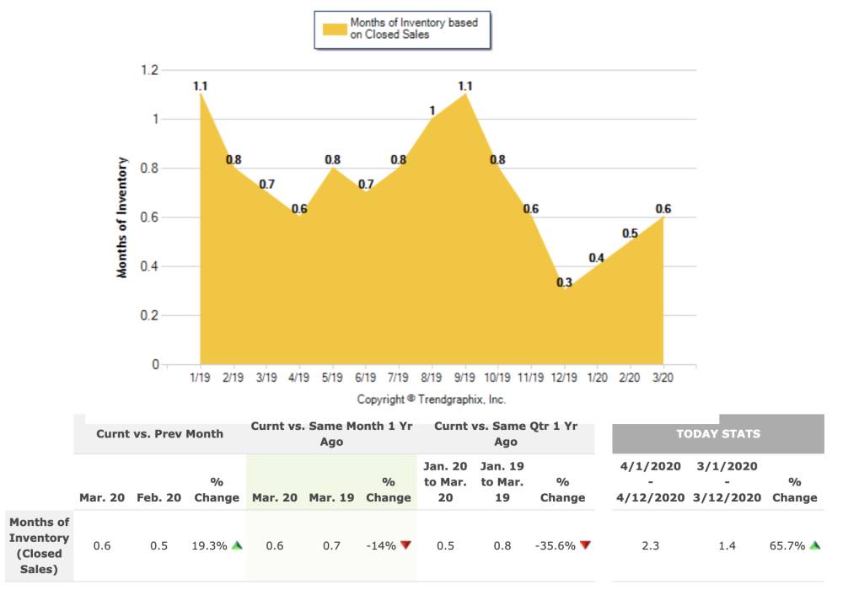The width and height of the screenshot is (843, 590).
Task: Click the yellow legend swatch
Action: pyautogui.click(x=335, y=29)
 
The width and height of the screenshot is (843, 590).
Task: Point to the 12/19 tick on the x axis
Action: pyautogui.click(x=564, y=377)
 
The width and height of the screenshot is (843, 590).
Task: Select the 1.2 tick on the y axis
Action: pyautogui.click(x=149, y=71)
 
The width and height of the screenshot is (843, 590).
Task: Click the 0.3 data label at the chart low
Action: pyautogui.click(x=564, y=283)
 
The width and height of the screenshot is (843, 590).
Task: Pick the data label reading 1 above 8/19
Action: pyautogui.click(x=432, y=110)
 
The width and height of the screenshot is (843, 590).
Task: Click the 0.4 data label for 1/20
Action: pyautogui.click(x=596, y=259)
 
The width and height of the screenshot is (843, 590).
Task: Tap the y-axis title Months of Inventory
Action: pyautogui.click(x=123, y=217)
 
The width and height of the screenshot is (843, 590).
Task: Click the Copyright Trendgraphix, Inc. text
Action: pyautogui.click(x=431, y=399)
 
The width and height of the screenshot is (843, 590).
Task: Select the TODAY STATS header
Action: pyautogui.click(x=717, y=434)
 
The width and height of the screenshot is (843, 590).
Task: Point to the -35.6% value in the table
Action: pyautogui.click(x=556, y=546)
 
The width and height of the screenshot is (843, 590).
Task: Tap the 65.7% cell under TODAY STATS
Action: pyautogui.click(x=789, y=546)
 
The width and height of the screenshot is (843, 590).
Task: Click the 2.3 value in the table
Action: pyautogui.click(x=650, y=546)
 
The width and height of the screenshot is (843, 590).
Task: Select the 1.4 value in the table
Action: pyautogui.click(x=727, y=546)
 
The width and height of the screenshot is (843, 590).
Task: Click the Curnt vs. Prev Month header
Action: pyautogui.click(x=159, y=434)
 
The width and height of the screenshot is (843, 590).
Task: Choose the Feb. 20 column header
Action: pyautogui.click(x=159, y=497)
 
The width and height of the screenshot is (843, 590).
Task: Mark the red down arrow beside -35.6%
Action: pyautogui.click(x=585, y=545)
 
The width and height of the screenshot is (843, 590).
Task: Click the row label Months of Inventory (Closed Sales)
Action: pyautogui.click(x=39, y=545)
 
